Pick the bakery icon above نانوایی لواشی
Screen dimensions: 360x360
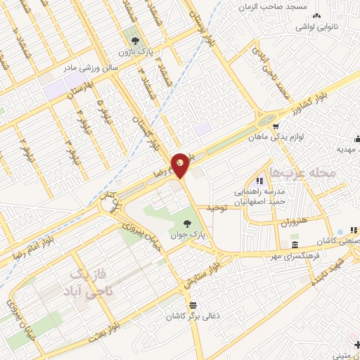[x=316, y=15]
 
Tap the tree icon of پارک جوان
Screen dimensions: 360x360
[x=186, y=224]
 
